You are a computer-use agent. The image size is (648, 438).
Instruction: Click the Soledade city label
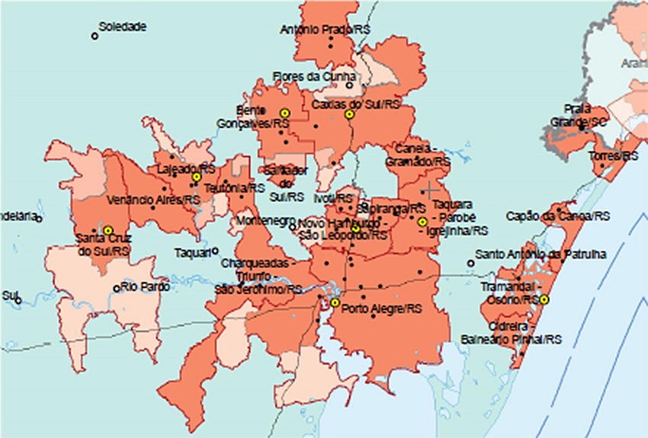pyautogui.click(x=123, y=27)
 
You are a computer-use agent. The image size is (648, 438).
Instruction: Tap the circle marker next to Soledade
pyautogui.click(x=95, y=35)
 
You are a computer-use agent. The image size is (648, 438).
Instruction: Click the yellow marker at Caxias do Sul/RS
pyautogui.click(x=349, y=114)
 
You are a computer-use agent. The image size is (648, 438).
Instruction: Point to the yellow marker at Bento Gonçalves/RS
pyautogui.click(x=284, y=113)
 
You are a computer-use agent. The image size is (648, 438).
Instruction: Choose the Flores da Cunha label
pyautogui.click(x=314, y=76)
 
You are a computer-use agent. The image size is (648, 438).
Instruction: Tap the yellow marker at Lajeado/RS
pyautogui.click(x=196, y=177)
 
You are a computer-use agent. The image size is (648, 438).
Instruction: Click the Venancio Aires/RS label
pyautogui.click(x=154, y=200)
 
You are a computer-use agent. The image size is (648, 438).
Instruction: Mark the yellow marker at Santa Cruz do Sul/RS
pyautogui.click(x=108, y=229)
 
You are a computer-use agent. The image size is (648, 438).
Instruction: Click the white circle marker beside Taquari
pyautogui.click(x=216, y=251)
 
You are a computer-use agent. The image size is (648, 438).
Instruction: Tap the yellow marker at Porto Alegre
pyautogui.click(x=335, y=302)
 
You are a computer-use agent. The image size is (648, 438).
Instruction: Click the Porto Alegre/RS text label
pyautogui.click(x=382, y=309)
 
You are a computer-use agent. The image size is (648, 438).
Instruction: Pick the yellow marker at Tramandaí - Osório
pyautogui.click(x=544, y=299)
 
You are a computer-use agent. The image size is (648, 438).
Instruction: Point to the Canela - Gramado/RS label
pyautogui.click(x=419, y=155)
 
